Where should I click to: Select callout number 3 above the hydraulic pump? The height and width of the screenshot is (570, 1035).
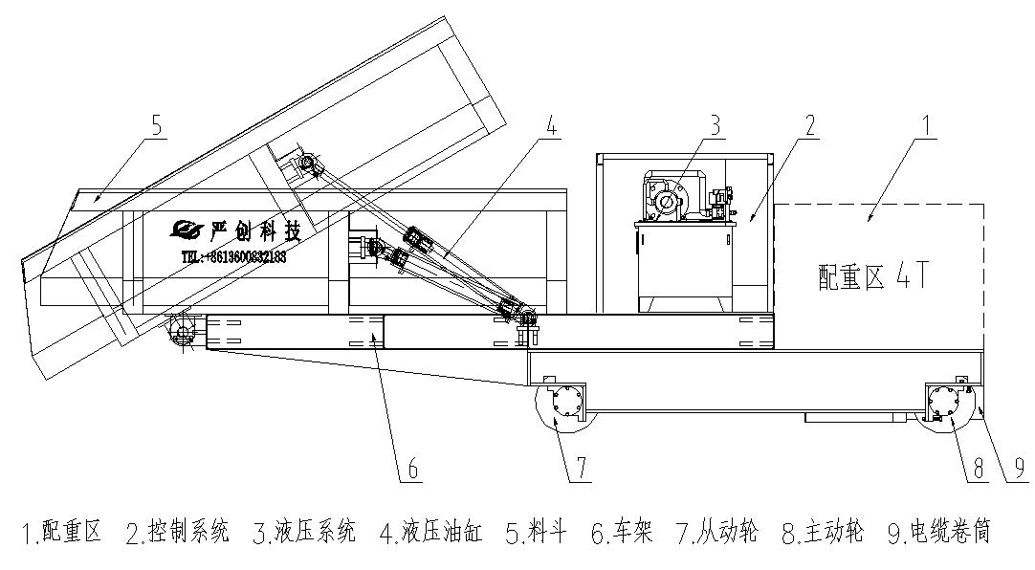714,124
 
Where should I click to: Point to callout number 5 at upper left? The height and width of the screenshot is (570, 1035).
157,124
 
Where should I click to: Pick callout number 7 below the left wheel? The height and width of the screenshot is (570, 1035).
583,468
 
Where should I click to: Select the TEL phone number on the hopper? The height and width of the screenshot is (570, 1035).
234,257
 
